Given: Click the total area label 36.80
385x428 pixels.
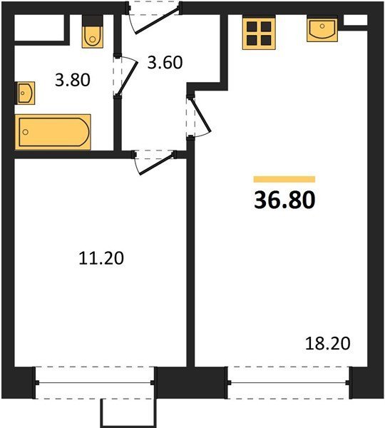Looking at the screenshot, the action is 284,200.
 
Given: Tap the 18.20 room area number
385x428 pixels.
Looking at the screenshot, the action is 327,343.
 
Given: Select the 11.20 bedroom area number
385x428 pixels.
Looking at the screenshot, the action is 101,258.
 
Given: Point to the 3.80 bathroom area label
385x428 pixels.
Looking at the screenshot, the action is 73,80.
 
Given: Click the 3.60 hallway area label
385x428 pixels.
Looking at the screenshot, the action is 165,62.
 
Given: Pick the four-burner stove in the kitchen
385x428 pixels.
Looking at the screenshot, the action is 259,33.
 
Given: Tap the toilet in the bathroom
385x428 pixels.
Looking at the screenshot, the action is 93,31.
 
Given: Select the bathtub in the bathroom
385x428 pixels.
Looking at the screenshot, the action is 53,132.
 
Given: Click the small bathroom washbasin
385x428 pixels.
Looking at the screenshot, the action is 25,93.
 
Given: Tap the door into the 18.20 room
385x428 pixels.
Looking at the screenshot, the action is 200,116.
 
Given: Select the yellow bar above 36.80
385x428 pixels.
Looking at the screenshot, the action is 284,179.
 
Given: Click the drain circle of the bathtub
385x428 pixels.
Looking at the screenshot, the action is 26,132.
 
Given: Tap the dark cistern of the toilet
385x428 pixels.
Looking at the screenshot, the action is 93,21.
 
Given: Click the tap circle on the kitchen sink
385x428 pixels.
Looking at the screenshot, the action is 322,26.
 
